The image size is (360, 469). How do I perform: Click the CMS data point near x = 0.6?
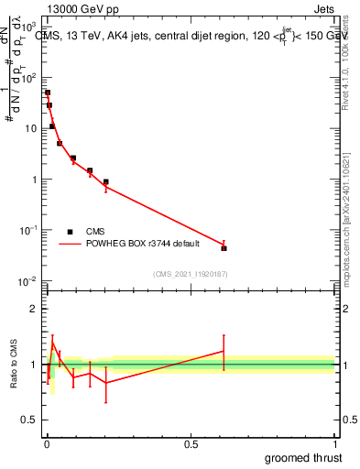click(x=224, y=248)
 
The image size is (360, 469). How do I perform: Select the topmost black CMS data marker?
click(x=48, y=93)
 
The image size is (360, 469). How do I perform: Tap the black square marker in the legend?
click(x=69, y=231)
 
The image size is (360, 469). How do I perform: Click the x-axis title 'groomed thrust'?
click(x=305, y=457)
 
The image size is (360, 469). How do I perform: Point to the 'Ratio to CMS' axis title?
click(x=13, y=365)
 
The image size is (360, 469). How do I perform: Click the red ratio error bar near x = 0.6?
click(x=224, y=351)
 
